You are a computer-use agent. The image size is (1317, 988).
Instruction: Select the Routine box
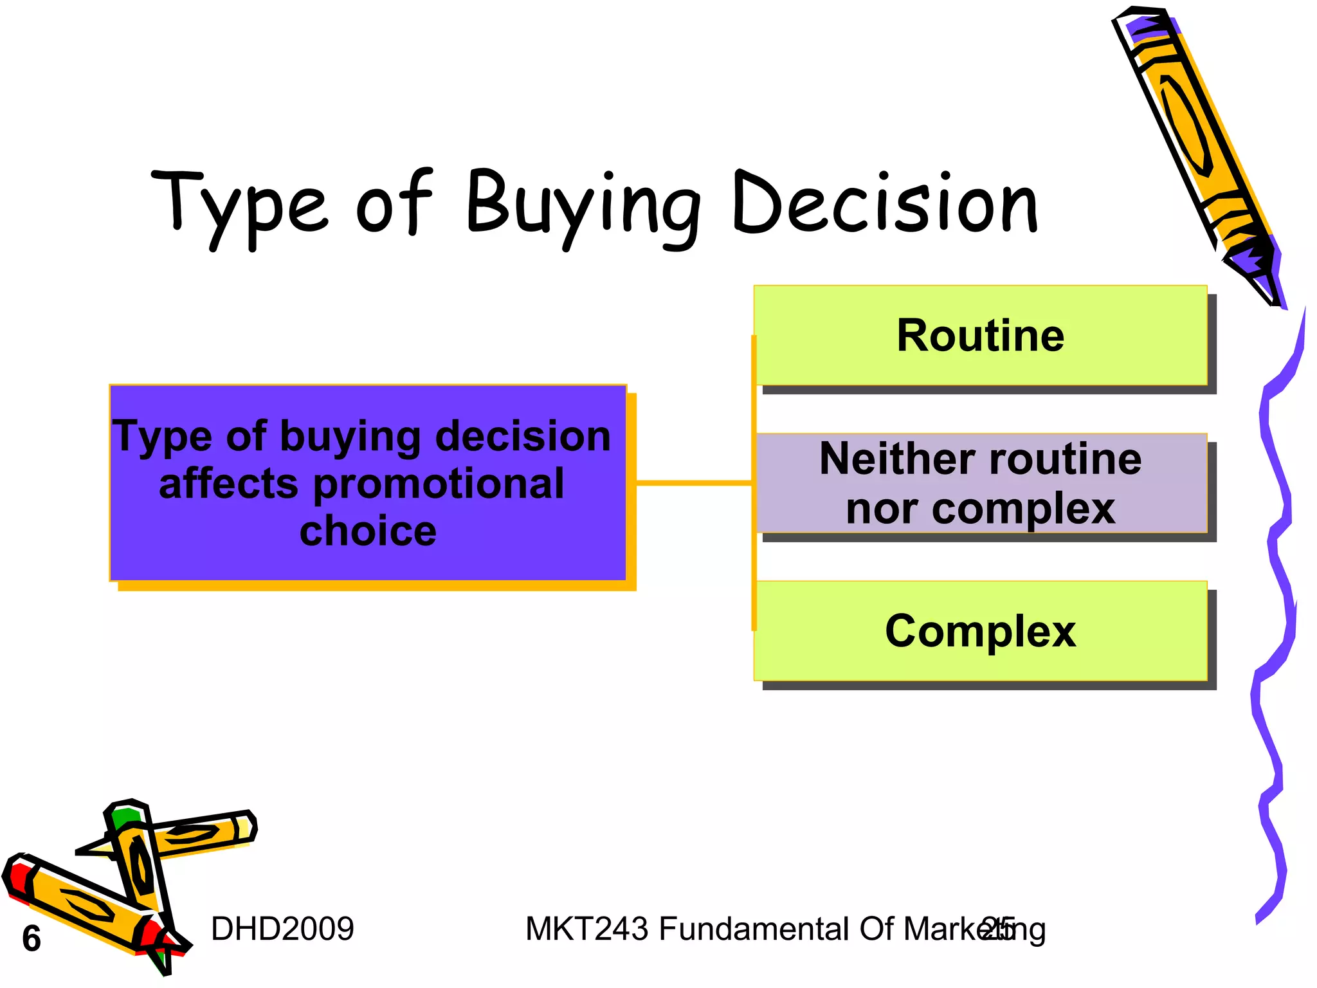click(980, 336)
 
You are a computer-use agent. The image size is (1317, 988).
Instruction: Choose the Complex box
click(980, 631)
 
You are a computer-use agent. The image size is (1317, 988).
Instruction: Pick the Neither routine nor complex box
click(980, 483)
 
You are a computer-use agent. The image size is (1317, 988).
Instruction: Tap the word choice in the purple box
click(368, 531)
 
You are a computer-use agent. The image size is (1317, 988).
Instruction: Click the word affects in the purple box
click(228, 484)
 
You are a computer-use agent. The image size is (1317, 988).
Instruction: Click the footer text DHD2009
click(282, 929)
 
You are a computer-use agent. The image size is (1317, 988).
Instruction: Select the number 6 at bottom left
click(32, 938)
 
